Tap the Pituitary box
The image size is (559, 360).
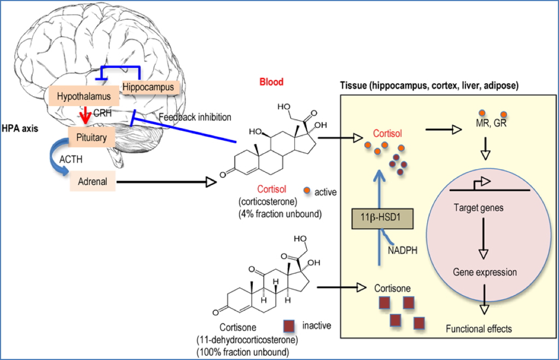click(x=91, y=135)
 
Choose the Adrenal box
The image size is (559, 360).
click(x=93, y=180)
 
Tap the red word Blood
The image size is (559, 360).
click(x=271, y=82)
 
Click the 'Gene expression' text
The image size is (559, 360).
click(x=484, y=271)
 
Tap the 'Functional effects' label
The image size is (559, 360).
click(x=479, y=329)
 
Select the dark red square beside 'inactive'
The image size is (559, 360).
click(x=289, y=326)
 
